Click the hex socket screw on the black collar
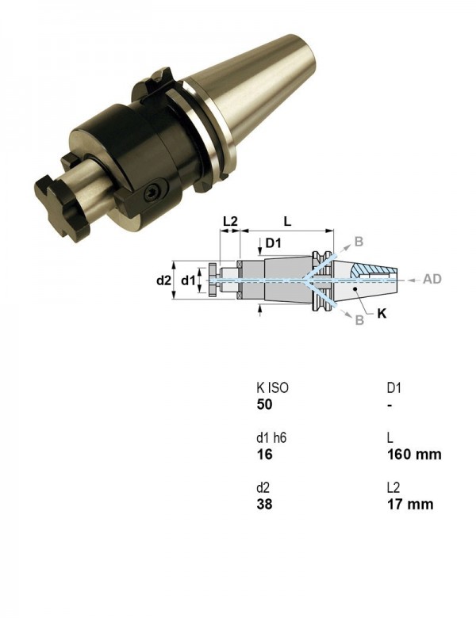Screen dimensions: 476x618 click(152, 193)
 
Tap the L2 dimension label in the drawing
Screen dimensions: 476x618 click(230, 221)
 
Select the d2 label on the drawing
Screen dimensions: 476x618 click(163, 280)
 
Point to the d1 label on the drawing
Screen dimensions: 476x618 click(188, 280)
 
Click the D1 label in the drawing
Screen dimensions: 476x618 click(273, 242)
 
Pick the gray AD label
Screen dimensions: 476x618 click(432, 279)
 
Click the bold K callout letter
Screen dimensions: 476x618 click(382, 314)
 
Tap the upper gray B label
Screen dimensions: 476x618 click(359, 241)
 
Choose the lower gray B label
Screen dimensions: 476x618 click(359, 319)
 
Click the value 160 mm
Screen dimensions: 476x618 click(414, 455)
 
